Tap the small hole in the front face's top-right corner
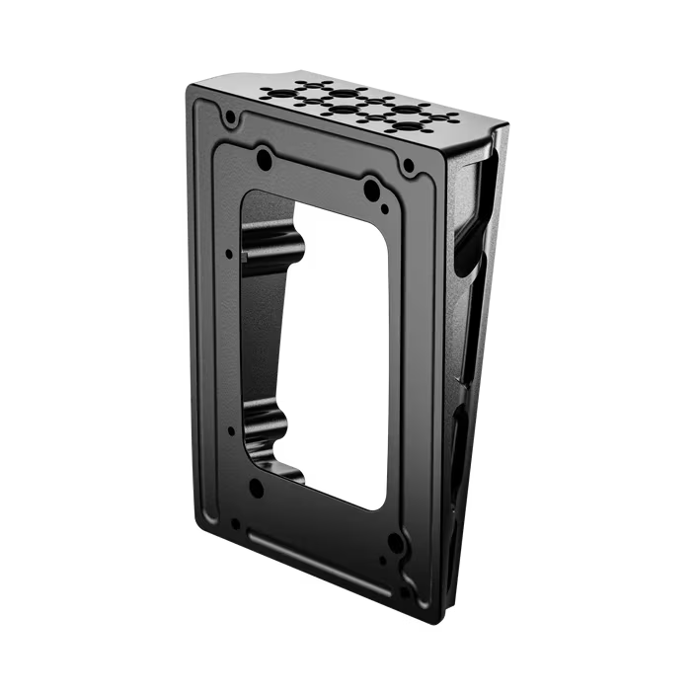[x=408, y=170]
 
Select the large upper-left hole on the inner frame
[x=264, y=158]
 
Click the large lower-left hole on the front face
[x=256, y=486]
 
